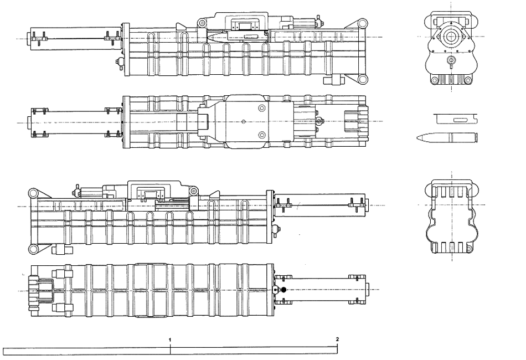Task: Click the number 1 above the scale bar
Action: pos(170,340)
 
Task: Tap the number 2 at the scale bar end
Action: pos(337,339)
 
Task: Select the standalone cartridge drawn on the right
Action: pos(447,137)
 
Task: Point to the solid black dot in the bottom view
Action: pos(284,290)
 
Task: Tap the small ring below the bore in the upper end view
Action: pos(451,60)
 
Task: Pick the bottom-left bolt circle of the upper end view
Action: pos(435,80)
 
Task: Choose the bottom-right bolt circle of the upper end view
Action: pos(467,80)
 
